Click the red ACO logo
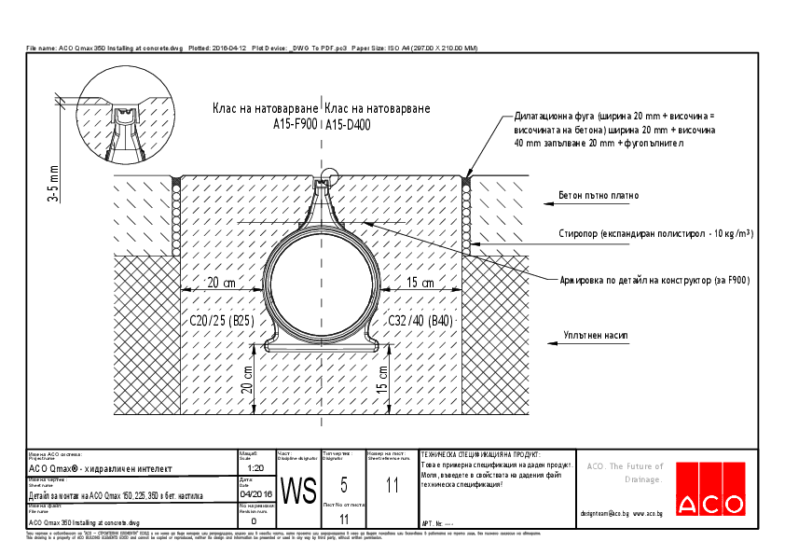(x=712, y=488)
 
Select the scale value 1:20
(x=257, y=466)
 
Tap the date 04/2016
(x=257, y=494)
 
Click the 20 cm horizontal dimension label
(x=221, y=283)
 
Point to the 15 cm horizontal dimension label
(x=420, y=283)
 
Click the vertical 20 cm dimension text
(x=247, y=379)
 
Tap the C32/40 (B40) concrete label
(x=420, y=322)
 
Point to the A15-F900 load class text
(x=295, y=123)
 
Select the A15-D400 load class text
(x=349, y=123)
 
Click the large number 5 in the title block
(x=344, y=483)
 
